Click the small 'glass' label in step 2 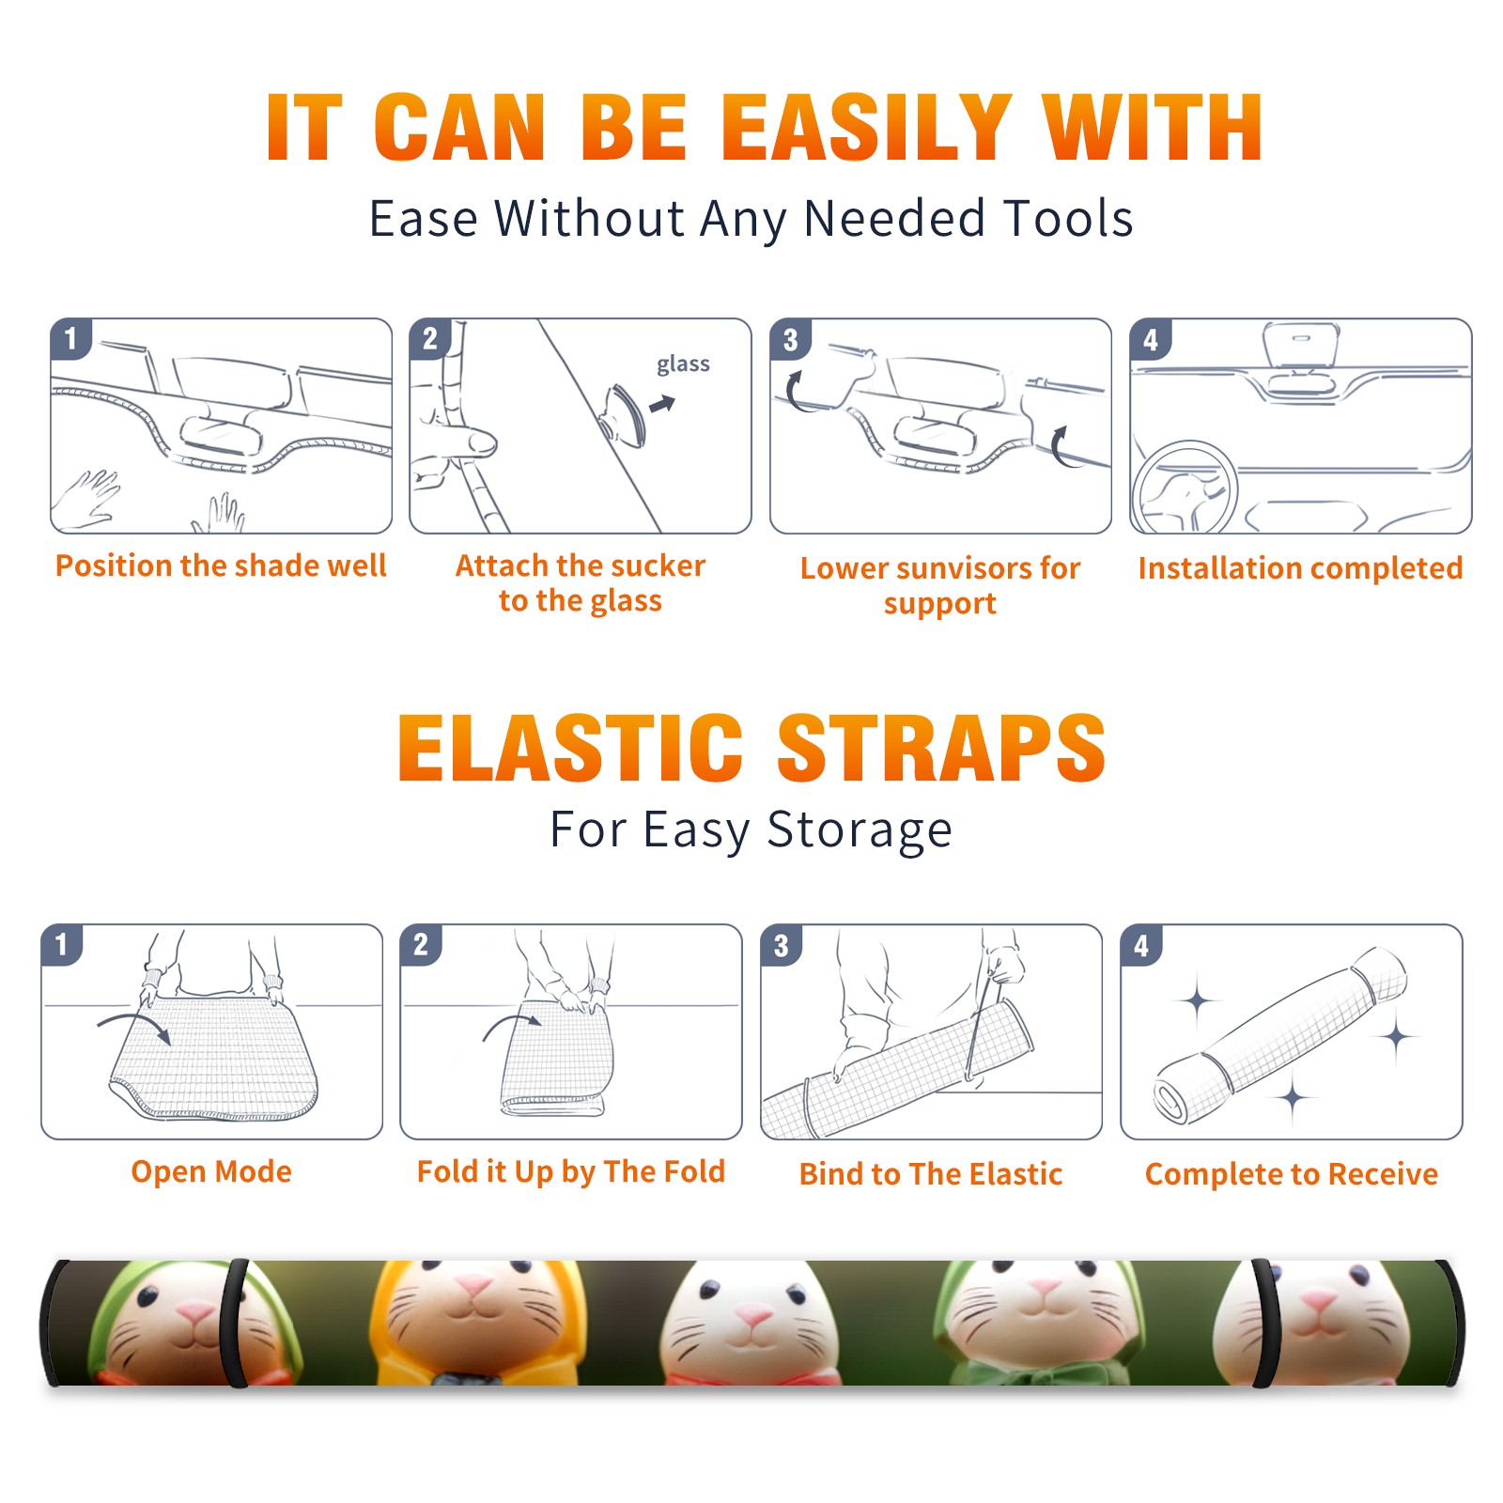683,364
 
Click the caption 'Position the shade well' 221,566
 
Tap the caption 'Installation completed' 1300,568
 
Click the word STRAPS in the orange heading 941,748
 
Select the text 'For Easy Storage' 751,830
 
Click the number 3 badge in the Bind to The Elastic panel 782,946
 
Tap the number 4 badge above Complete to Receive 1141,946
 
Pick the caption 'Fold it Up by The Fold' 571,1171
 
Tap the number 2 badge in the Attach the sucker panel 430,338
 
